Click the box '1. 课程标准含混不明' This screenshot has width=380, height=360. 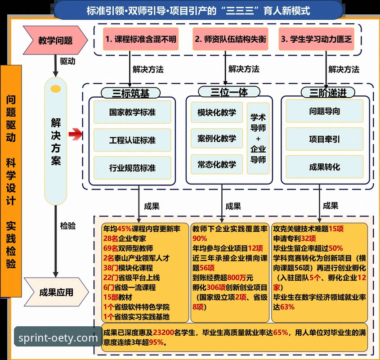coord(140,39)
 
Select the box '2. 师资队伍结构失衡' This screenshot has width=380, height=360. coord(230,39)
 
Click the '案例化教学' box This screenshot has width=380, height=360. coord(217,138)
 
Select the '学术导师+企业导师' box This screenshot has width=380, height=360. coord(258,138)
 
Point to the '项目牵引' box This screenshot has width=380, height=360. coord(325,139)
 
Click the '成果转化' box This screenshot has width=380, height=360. coord(325,167)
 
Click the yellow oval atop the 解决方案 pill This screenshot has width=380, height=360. coord(56,89)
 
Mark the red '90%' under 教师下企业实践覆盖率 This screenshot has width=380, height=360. coord(200,238)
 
